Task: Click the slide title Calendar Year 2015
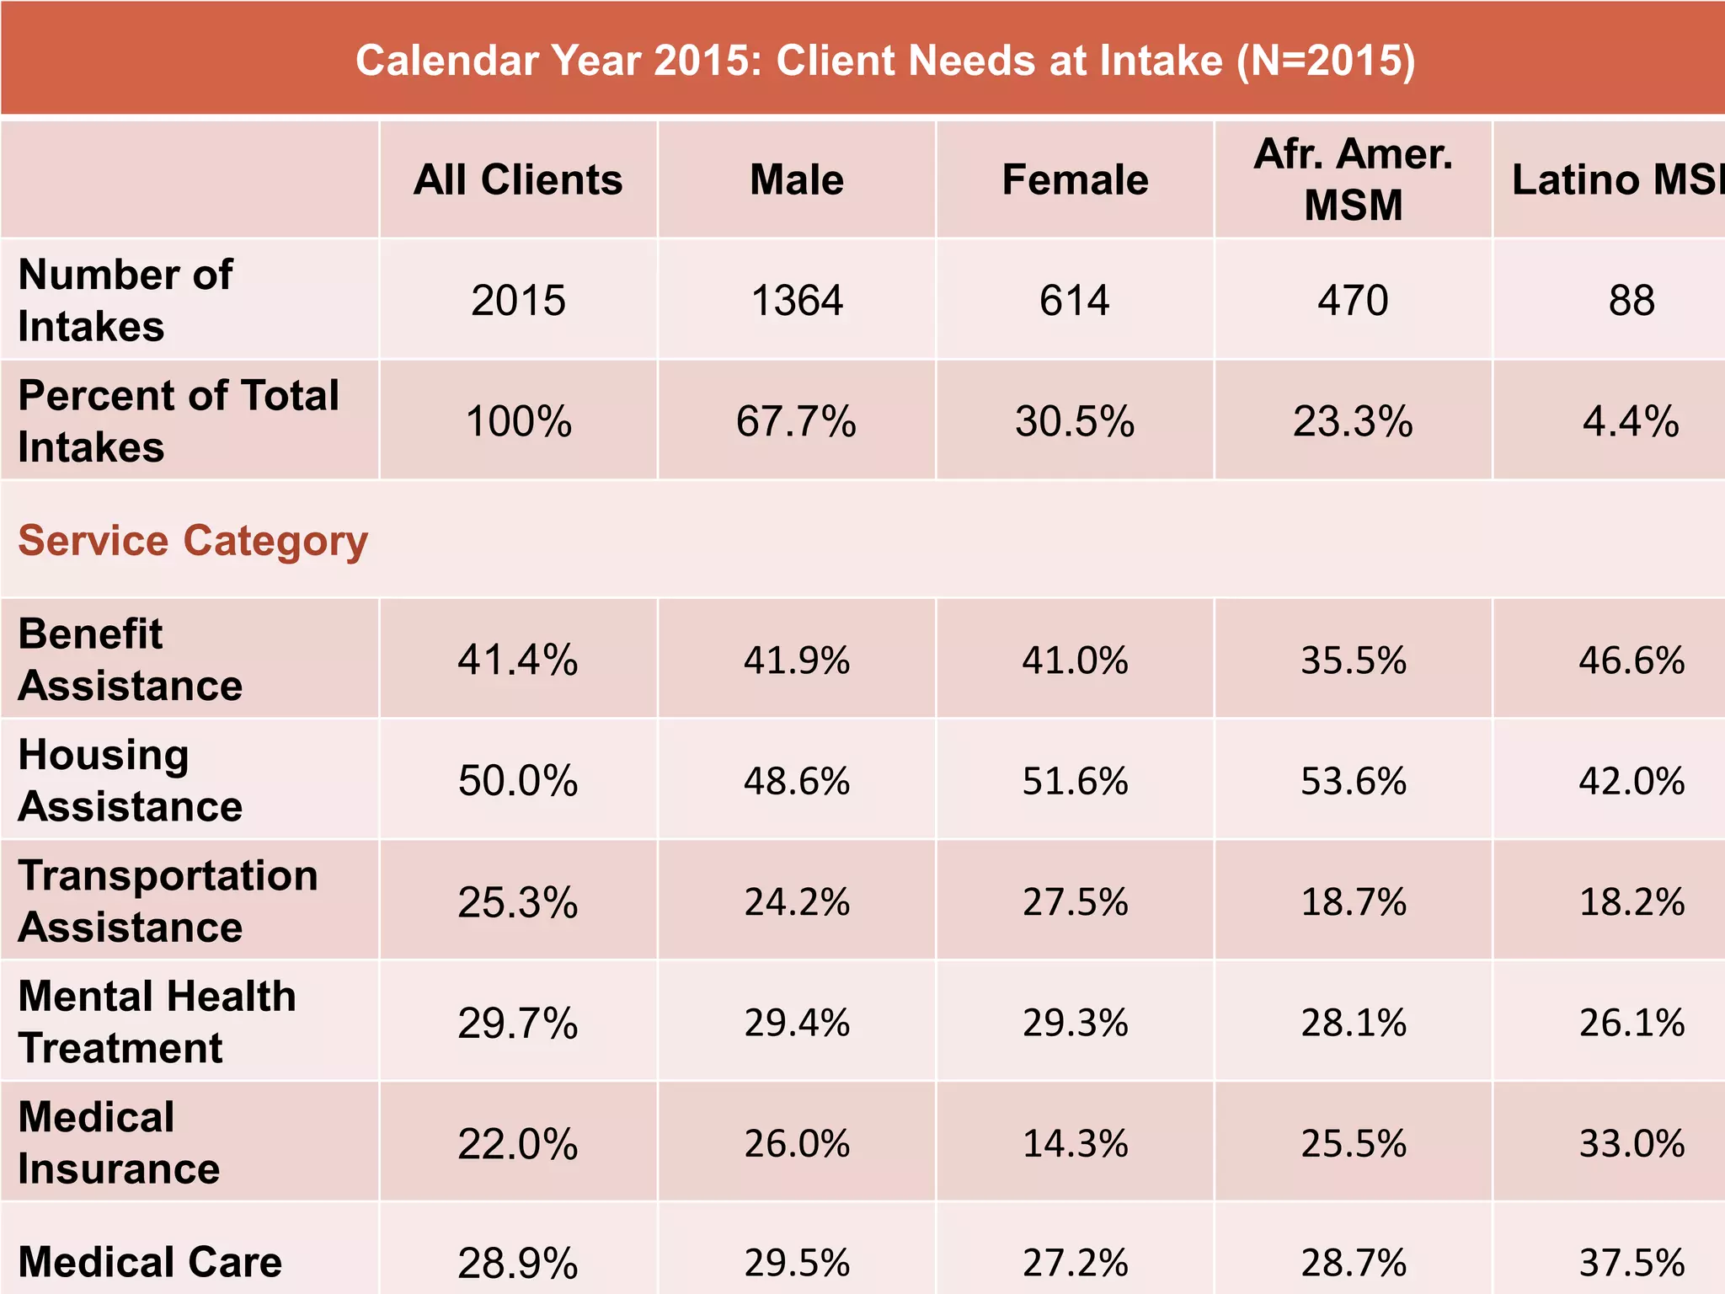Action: (884, 61)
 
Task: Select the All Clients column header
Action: (518, 179)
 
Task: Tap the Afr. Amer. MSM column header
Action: (1353, 179)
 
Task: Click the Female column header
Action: (1075, 179)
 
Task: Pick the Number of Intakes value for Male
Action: (797, 301)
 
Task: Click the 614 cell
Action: (1075, 301)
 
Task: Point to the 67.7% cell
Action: (796, 421)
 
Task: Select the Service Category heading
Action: (193, 540)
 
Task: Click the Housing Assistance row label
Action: (131, 780)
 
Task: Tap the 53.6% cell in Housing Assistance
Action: (1354, 781)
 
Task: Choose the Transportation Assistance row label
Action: (168, 901)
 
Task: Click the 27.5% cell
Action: (1076, 902)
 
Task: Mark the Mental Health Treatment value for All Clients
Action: (518, 1024)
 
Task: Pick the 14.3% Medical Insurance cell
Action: (1076, 1144)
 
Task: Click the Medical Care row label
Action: (150, 1262)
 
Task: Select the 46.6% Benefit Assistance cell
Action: (1632, 660)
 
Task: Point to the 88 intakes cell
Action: (1632, 301)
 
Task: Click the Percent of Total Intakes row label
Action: (178, 420)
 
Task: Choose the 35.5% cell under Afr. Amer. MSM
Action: (1354, 660)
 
